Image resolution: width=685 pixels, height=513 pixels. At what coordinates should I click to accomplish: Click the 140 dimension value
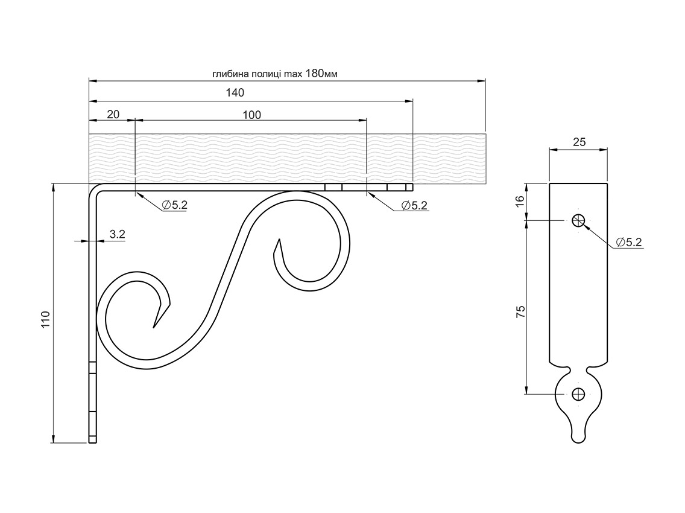pyautogui.click(x=235, y=93)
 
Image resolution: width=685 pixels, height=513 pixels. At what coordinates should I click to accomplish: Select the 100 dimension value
pyautogui.click(x=252, y=115)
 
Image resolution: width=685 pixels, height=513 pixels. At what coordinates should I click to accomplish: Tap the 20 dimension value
pyautogui.click(x=113, y=115)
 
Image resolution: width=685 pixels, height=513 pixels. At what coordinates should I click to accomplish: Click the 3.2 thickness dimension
pyautogui.click(x=118, y=234)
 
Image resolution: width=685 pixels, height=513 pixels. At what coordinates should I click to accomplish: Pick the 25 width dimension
pyautogui.click(x=579, y=142)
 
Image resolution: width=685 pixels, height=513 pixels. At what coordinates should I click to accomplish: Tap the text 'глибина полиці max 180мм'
pyautogui.click(x=274, y=74)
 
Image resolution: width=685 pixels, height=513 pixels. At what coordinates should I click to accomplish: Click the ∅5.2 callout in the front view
pyautogui.click(x=629, y=243)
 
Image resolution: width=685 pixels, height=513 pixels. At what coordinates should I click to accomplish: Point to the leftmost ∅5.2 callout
pyautogui.click(x=174, y=205)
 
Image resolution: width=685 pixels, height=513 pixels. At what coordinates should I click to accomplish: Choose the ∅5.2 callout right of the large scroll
pyautogui.click(x=414, y=205)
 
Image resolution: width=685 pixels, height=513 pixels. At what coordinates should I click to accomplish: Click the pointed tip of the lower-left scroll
pyautogui.click(x=154, y=328)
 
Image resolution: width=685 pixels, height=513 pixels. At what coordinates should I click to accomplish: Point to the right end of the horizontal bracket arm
pyautogui.click(x=412, y=188)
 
